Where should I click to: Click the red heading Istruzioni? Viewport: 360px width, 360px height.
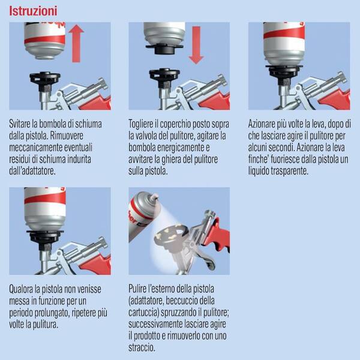33,11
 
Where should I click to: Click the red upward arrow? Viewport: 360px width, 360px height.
76,44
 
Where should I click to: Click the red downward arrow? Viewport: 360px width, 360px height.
196,45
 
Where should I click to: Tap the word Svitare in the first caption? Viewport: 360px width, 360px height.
20,124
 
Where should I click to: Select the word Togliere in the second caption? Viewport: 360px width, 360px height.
140,124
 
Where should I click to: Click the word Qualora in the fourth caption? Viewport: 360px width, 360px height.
21,289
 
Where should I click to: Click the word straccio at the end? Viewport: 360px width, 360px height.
142,347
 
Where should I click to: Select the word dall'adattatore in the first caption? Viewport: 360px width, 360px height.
32,171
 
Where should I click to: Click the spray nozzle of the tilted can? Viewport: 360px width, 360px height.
154,197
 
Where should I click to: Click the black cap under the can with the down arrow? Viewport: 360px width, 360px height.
164,49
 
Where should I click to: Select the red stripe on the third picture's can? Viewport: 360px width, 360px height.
284,32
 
